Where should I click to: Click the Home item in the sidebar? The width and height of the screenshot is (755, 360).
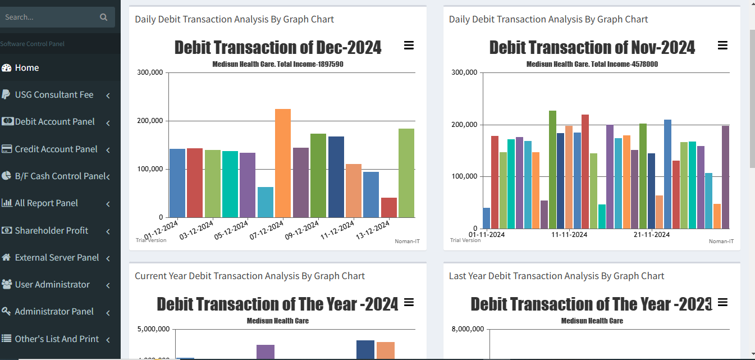pos(26,68)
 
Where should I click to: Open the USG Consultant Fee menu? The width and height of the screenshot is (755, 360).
pos(54,95)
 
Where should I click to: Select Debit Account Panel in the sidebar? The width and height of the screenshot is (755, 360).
pos(54,122)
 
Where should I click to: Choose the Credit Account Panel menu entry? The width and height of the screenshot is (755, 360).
pos(56,149)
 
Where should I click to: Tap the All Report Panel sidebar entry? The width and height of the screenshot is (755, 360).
pos(46,203)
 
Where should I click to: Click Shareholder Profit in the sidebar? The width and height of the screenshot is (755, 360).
pos(51,230)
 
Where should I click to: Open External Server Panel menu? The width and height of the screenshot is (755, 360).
pos(57,258)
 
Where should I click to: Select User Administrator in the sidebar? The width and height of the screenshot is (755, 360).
pos(52,285)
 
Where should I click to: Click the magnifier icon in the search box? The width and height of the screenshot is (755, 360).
pos(103,17)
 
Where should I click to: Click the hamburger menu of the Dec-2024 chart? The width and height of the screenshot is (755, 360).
pos(409,45)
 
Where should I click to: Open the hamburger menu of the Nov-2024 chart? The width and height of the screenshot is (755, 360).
pos(722,45)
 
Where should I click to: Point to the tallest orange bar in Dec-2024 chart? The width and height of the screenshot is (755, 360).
pos(283,163)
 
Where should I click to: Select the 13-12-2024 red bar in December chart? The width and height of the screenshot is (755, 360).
pos(389,207)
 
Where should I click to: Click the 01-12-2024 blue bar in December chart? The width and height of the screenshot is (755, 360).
pos(177,183)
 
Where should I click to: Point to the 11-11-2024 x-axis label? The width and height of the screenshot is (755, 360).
pos(569,234)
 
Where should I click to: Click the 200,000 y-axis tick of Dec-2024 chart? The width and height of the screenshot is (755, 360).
pos(149,121)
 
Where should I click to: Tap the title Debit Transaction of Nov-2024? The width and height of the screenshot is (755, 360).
pos(592,48)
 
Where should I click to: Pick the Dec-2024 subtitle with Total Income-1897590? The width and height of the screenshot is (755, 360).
pos(277,65)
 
